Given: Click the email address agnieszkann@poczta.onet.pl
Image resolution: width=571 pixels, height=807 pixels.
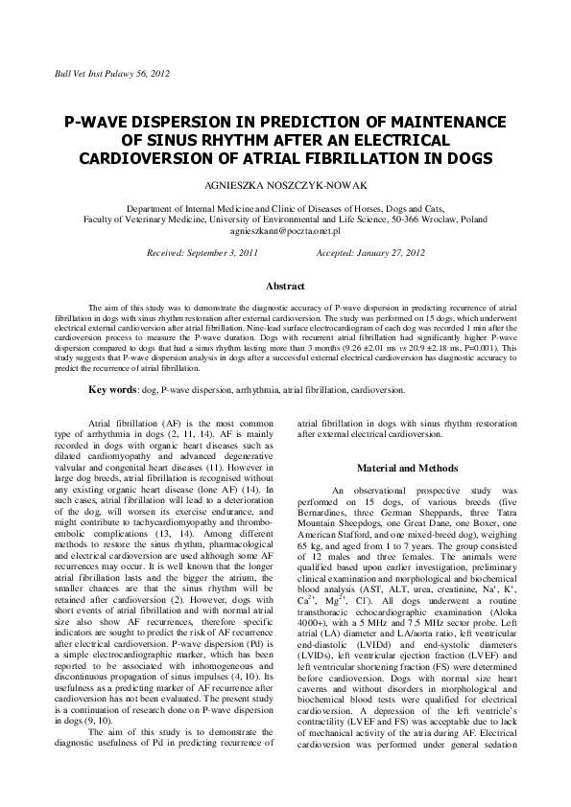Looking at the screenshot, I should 285,231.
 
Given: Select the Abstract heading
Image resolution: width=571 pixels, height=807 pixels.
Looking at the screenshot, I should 285,287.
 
